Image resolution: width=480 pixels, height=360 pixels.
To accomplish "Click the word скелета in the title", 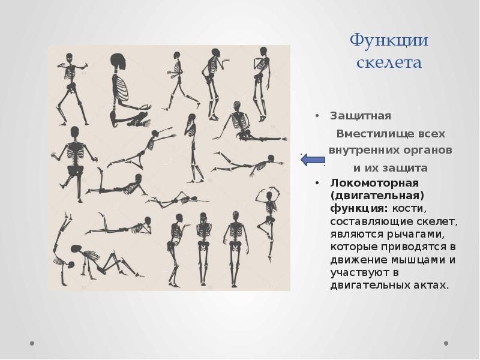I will tap(389, 62).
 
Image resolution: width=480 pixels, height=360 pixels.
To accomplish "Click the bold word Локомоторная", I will tap(365, 182).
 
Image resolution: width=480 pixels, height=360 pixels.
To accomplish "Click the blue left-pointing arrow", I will tap(313, 160).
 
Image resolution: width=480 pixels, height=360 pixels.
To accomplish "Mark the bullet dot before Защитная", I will tap(319, 116).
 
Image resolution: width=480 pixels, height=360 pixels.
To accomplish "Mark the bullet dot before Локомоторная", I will tap(319, 182).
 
